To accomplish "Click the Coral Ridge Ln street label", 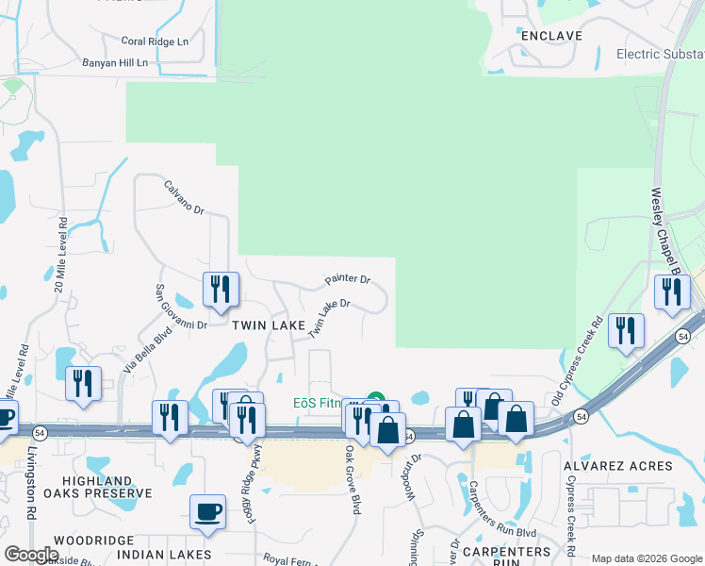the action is [155, 42].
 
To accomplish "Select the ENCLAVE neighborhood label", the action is [551, 36].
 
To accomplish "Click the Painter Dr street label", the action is [348, 280].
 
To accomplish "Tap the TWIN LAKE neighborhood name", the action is [269, 325].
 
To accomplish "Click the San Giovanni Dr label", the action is [180, 307].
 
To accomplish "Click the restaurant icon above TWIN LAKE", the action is [221, 290].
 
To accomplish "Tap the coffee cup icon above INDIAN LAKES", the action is [207, 512].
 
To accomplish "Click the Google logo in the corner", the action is [31, 555].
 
